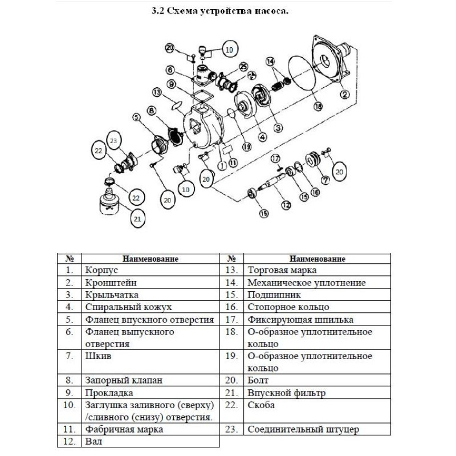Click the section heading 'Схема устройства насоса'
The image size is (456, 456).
(227, 10)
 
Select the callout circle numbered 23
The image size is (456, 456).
(114, 141)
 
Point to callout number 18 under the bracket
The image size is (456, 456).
(318, 106)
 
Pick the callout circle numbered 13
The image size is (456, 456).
(157, 92)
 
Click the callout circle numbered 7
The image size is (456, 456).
(325, 180)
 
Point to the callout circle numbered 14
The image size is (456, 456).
(270, 61)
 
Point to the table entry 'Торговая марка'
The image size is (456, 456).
(282, 270)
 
